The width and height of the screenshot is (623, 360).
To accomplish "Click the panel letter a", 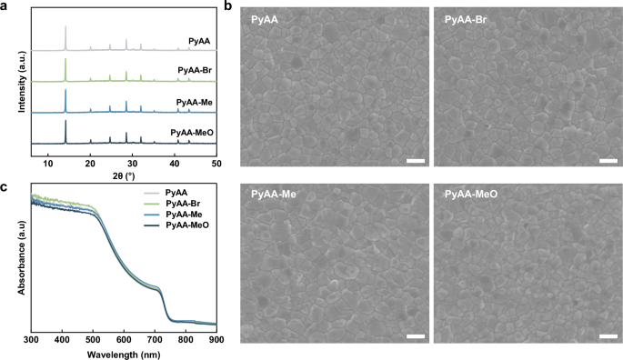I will [x=5, y=7].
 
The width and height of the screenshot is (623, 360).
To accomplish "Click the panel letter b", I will [x=228, y=7].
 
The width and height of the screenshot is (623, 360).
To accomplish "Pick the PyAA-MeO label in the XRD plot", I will [x=190, y=132].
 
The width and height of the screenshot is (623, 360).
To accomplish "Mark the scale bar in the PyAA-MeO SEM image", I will [x=607, y=336].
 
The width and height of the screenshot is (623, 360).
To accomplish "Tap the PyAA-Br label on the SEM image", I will [x=464, y=19].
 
